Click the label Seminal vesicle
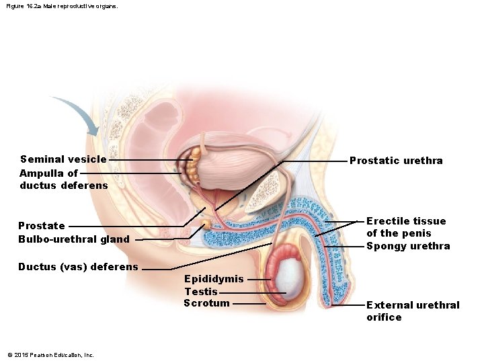[63, 159]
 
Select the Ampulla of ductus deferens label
[63, 179]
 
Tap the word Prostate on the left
[42, 226]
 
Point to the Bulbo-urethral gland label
[74, 239]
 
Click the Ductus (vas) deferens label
[78, 267]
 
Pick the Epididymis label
[214, 279]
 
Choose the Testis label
[201, 292]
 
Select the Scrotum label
[206, 303]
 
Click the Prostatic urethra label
[396, 161]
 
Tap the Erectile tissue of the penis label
[406, 227]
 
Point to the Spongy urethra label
[408, 246]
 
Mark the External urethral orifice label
[413, 311]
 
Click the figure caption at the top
[61, 7]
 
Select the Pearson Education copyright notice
[50, 354]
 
